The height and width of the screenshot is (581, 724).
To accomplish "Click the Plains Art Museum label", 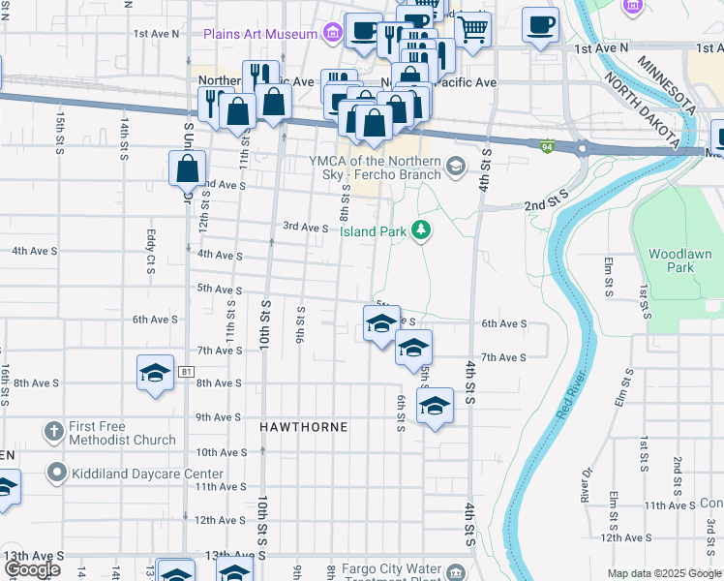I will (260, 34).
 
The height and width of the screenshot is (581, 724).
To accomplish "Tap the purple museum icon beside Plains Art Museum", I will (333, 34).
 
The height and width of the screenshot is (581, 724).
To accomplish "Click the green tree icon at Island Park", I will (420, 229).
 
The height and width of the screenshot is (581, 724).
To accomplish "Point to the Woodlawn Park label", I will (679, 260).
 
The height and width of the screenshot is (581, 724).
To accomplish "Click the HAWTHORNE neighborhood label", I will (303, 426).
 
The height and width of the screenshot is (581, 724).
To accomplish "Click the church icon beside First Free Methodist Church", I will (55, 429).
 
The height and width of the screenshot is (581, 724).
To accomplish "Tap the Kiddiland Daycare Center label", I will (147, 474).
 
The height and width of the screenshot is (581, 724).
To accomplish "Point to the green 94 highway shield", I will (547, 145).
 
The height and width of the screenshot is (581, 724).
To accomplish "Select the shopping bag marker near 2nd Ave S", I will (188, 169).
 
